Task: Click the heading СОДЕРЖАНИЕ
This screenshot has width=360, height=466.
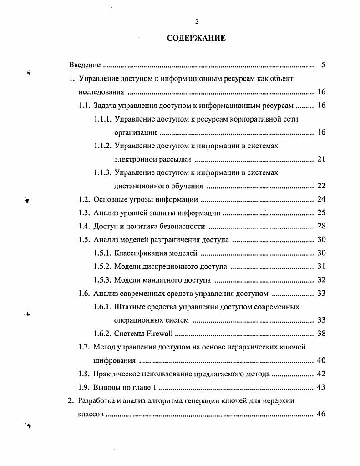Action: [196, 38]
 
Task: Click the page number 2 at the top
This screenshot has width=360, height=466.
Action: [197, 21]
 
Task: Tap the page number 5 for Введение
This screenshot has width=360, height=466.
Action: [323, 65]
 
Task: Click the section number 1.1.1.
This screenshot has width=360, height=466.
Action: [103, 119]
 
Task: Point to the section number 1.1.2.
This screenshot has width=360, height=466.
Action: [103, 146]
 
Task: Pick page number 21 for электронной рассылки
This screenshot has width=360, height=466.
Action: [321, 159]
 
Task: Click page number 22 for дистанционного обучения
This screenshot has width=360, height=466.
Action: [321, 186]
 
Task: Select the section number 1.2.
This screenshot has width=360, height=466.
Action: [85, 199]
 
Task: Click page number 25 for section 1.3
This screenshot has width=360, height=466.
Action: [321, 213]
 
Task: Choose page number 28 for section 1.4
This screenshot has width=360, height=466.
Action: [321, 226]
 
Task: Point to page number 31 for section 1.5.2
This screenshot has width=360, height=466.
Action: [321, 267]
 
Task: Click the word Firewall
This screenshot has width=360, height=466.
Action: [160, 334]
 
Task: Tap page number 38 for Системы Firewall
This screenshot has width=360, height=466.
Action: [321, 334]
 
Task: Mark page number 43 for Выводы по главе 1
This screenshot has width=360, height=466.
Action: [321, 388]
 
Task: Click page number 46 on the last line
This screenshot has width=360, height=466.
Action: [321, 415]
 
